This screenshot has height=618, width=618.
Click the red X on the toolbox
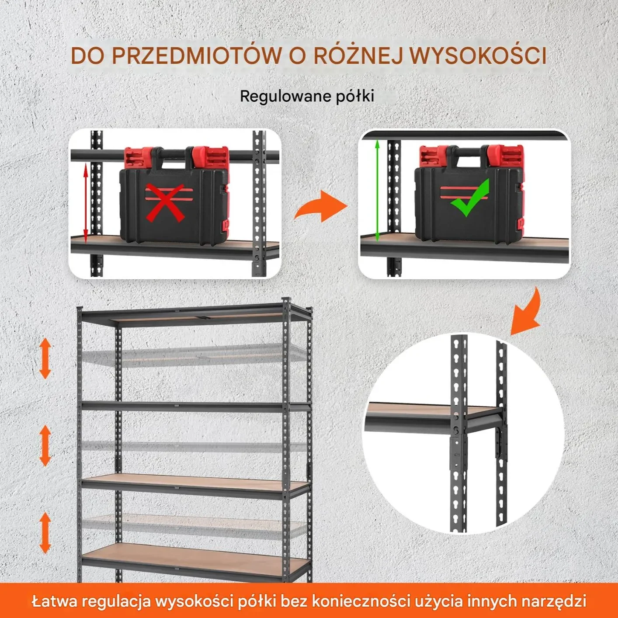pyautogui.click(x=166, y=203)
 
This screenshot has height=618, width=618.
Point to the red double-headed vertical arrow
pyautogui.click(x=86, y=203)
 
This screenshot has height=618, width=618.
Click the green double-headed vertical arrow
pyautogui.click(x=378, y=191)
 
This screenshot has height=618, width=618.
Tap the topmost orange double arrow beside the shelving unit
pyautogui.click(x=45, y=358)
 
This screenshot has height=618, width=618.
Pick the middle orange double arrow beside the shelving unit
pyautogui.click(x=45, y=445)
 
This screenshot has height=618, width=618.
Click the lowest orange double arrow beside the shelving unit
pyautogui.click(x=45, y=533)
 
